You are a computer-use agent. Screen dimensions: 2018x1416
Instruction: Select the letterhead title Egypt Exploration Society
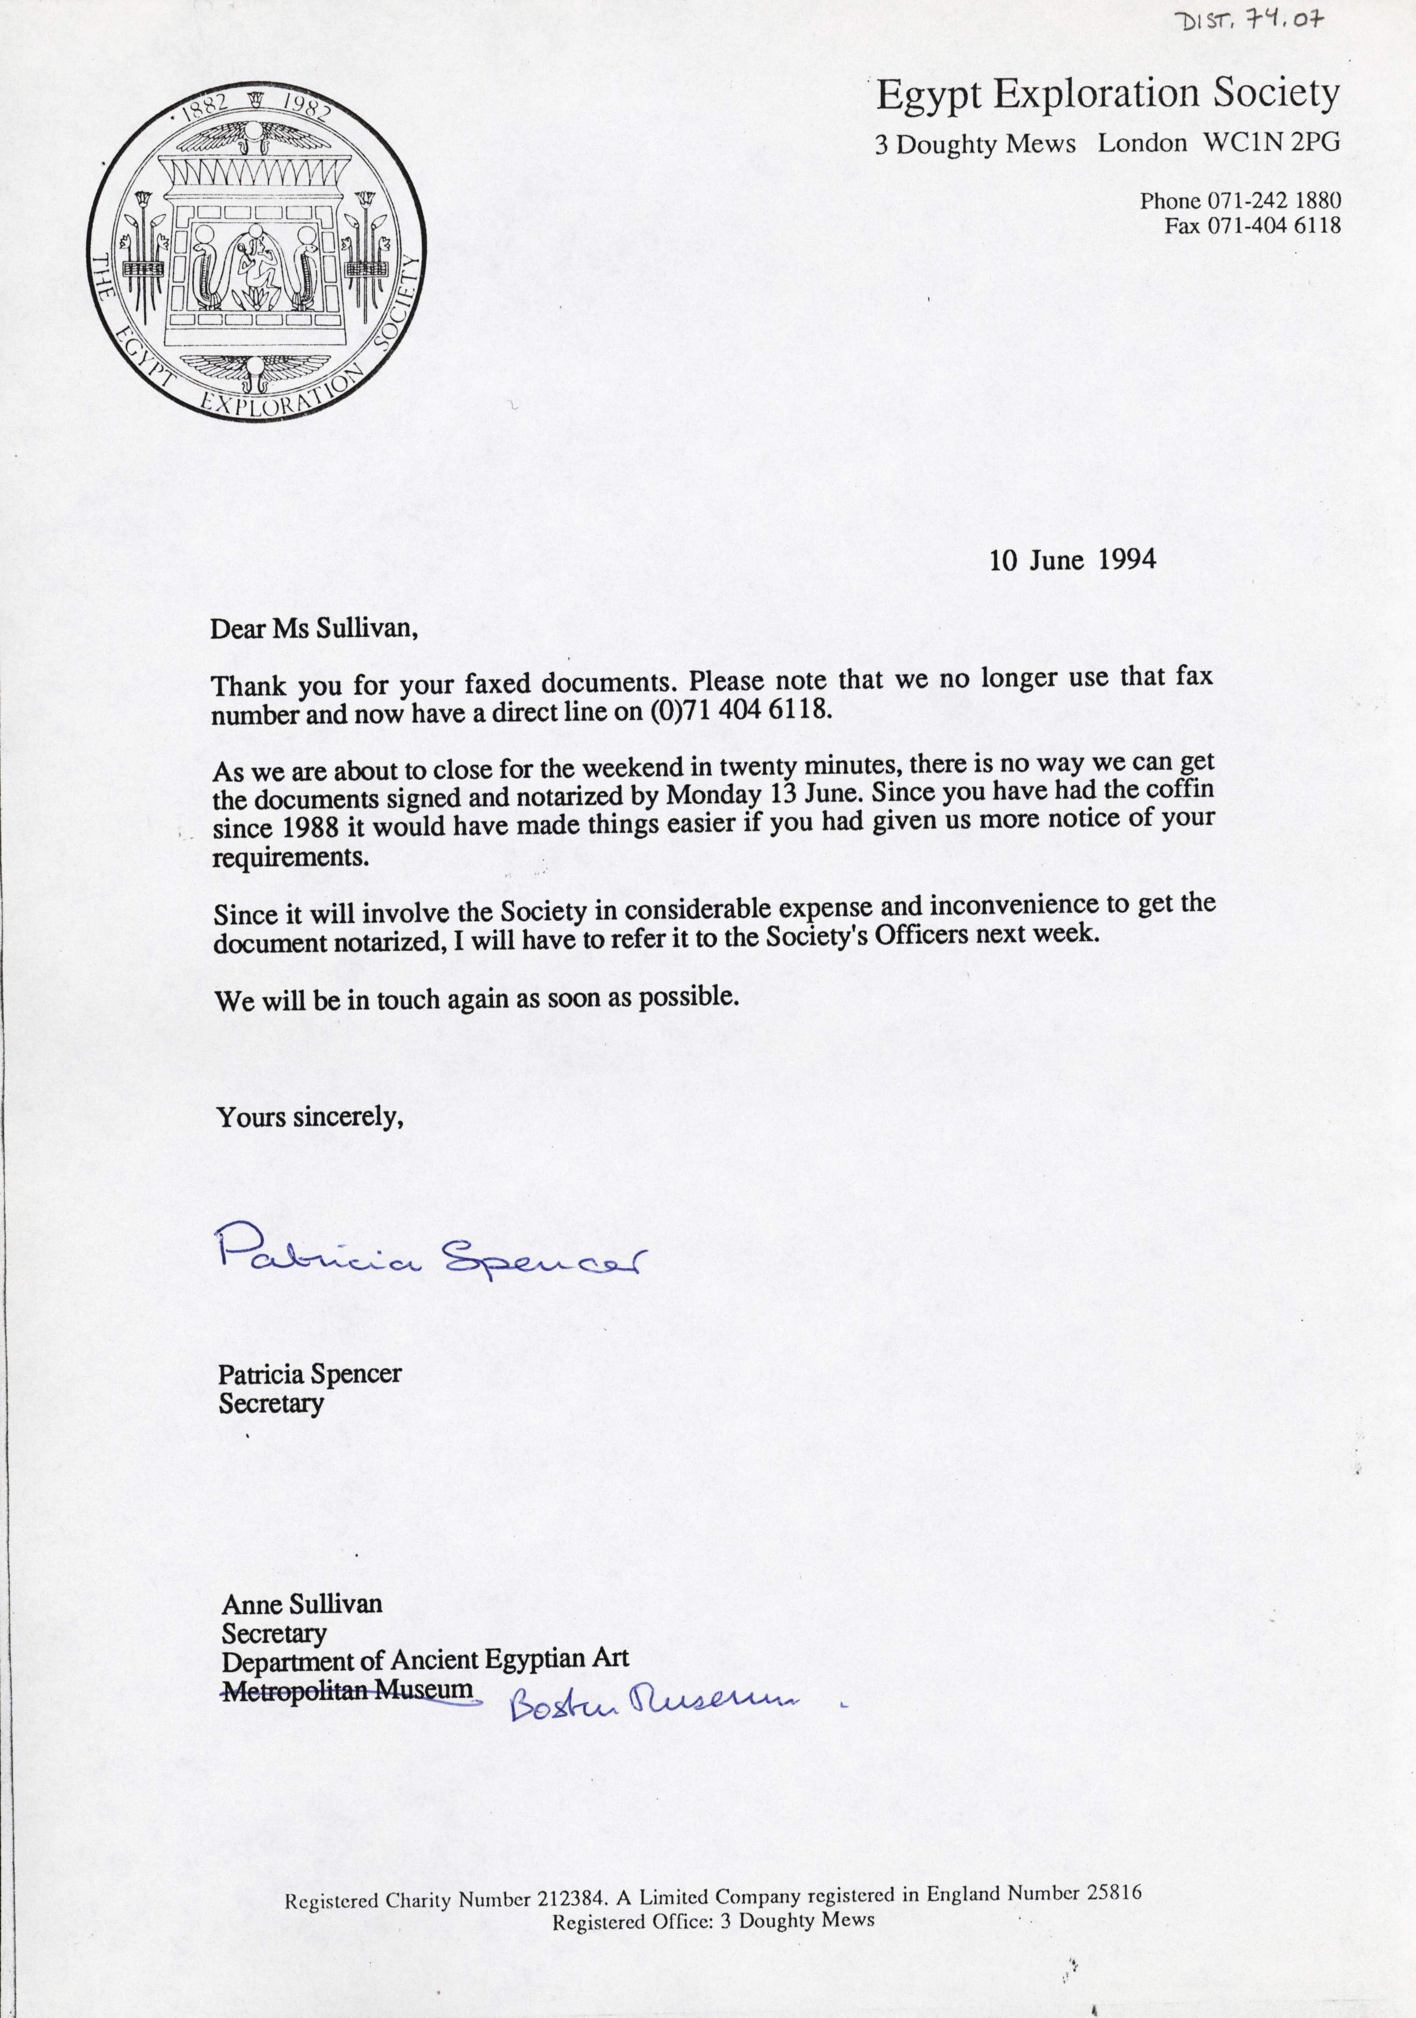click(1108, 95)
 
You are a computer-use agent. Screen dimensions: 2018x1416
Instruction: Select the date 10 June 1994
click(1072, 561)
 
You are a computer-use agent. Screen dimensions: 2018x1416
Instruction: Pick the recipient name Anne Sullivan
click(301, 1604)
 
